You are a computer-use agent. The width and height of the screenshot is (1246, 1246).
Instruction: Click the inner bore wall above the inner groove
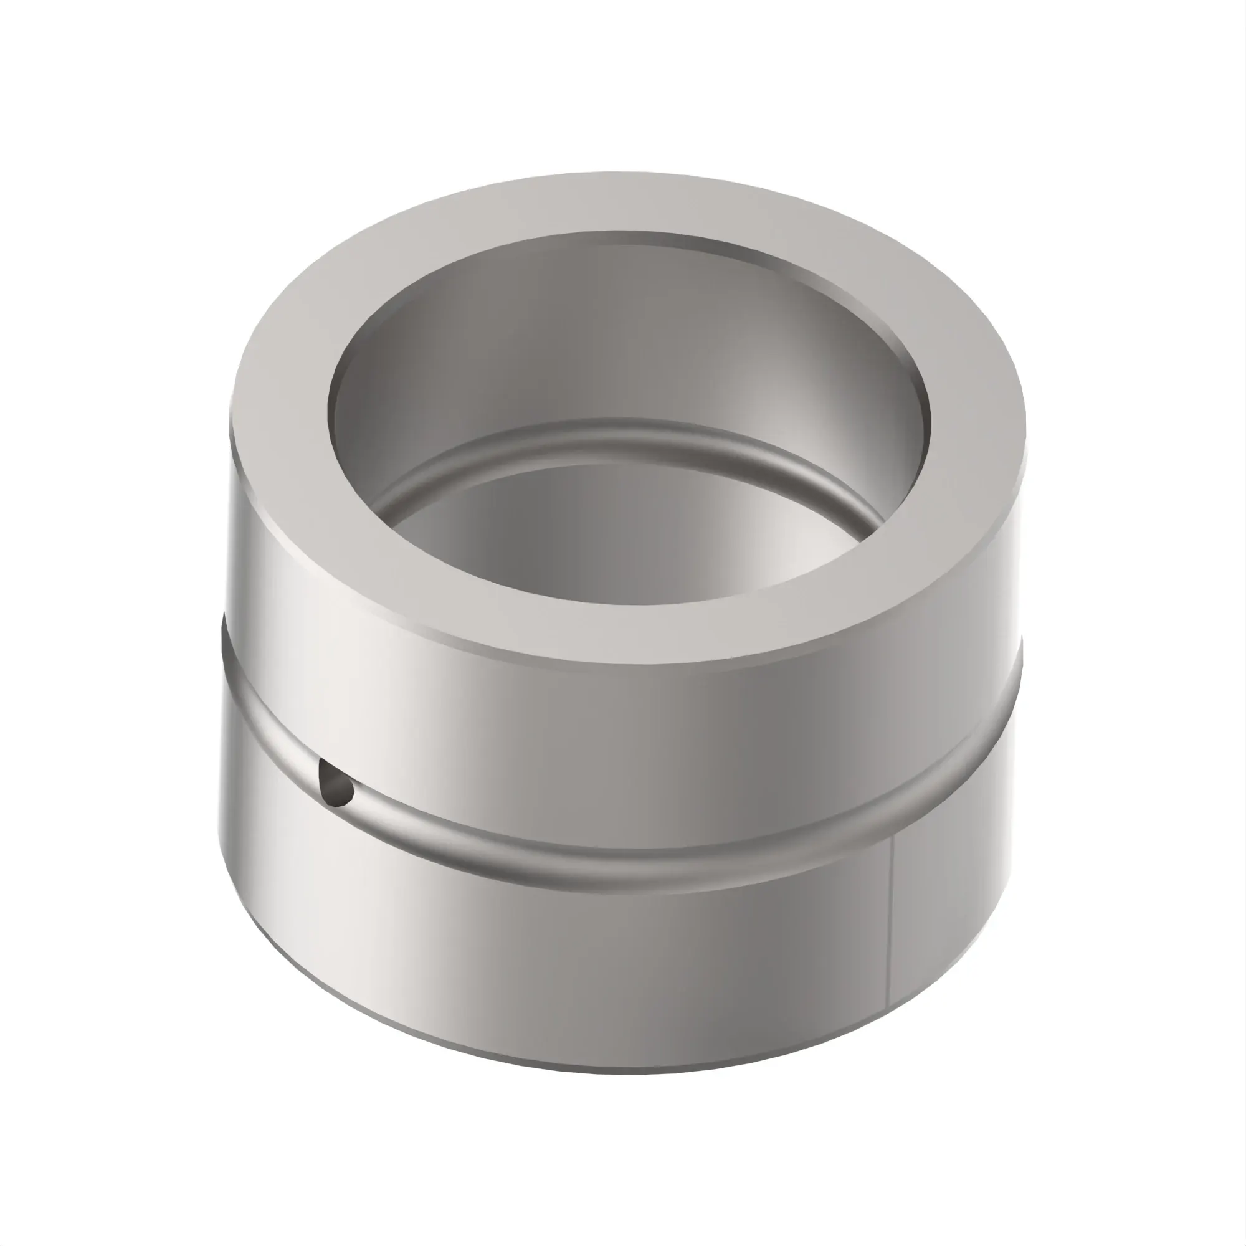(x=619, y=335)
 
